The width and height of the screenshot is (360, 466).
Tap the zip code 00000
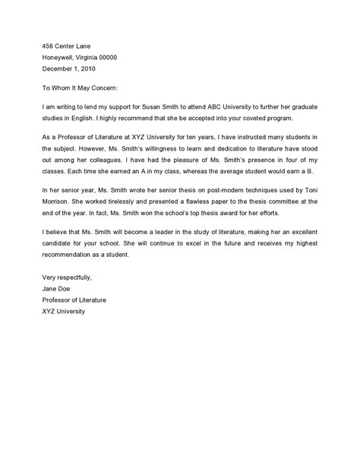[x=103, y=57]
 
